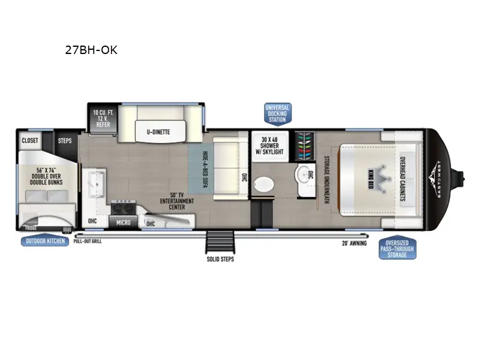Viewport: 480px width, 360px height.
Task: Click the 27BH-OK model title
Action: (91, 50)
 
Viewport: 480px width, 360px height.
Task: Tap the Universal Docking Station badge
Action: (277, 113)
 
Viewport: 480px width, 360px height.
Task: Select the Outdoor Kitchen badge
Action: (45, 242)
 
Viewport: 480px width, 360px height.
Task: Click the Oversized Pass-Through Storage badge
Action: (397, 247)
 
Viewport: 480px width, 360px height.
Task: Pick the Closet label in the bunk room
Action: (30, 140)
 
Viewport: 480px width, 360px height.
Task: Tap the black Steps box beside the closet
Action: (65, 140)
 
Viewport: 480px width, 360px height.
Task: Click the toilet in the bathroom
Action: (262, 185)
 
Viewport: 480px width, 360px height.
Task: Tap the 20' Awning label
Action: (353, 243)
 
